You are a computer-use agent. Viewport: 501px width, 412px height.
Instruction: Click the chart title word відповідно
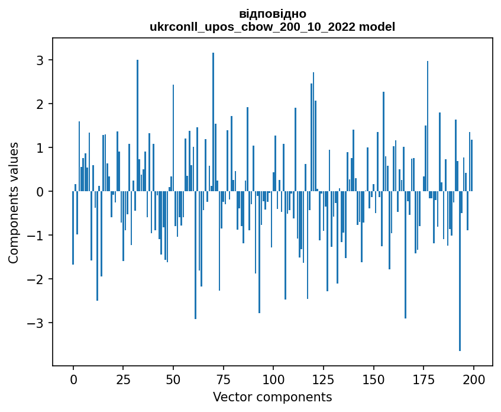(x=272, y=14)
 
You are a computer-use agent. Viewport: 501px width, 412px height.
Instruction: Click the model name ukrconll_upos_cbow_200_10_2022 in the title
(x=256, y=27)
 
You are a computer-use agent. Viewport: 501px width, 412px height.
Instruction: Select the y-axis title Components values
(x=14, y=202)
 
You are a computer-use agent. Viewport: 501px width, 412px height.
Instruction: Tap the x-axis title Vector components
(x=272, y=397)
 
